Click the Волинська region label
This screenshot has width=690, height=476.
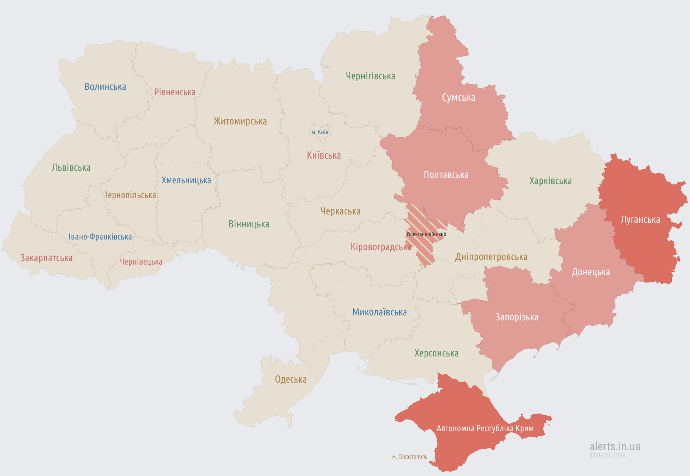(105, 87)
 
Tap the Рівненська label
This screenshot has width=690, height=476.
(175, 92)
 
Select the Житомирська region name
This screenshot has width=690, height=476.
(240, 121)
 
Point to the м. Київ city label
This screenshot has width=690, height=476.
(320, 132)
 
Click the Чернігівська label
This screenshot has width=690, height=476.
(370, 76)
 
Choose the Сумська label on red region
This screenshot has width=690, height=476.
(458, 98)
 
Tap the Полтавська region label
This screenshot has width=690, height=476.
(446, 175)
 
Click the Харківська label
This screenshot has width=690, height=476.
(550, 181)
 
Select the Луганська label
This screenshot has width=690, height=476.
(640, 220)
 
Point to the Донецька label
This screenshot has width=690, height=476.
(591, 272)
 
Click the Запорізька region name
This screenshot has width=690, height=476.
(517, 317)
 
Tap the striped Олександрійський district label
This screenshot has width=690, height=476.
(426, 235)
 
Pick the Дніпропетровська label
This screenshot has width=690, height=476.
(491, 257)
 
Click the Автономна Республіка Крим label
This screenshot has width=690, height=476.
(485, 429)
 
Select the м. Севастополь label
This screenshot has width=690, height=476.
(409, 457)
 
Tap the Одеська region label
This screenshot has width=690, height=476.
(291, 380)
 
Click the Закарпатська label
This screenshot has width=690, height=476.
(46, 258)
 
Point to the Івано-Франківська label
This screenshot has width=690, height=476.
(100, 237)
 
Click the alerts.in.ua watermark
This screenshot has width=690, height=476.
(615, 446)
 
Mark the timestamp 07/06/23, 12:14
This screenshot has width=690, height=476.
(607, 456)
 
